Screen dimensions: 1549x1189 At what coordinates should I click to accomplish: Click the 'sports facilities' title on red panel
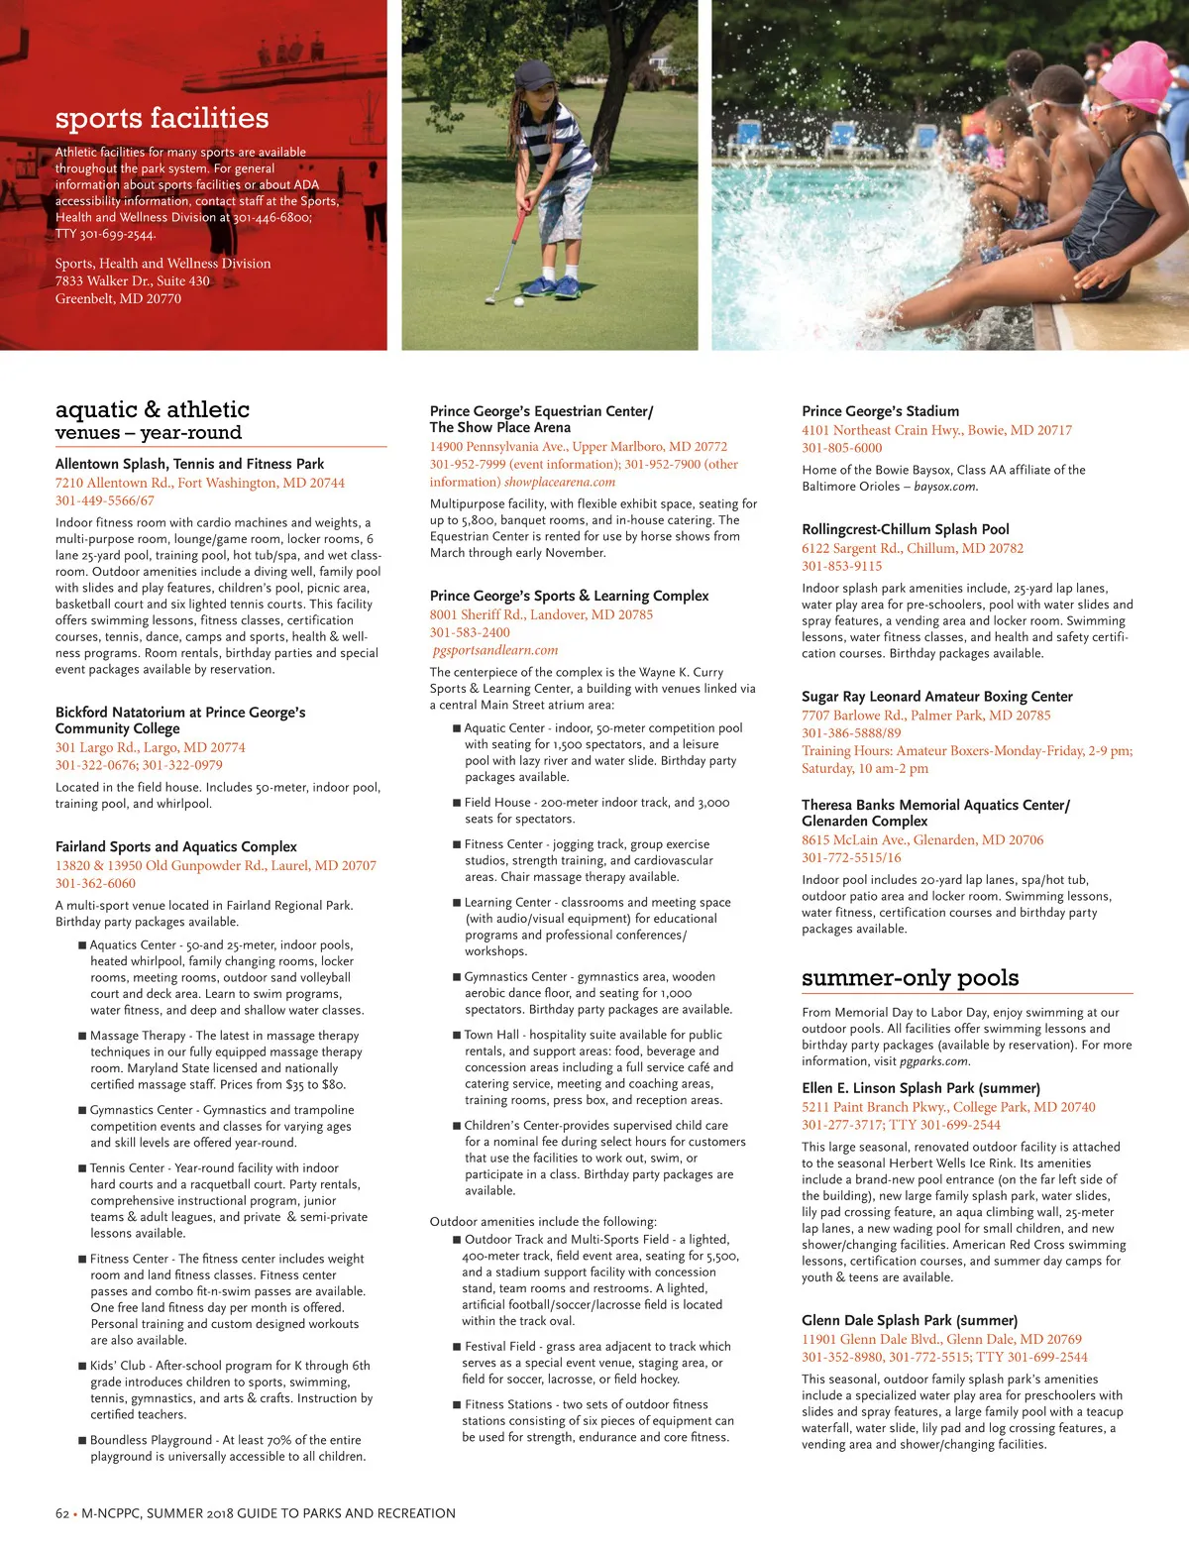[x=162, y=119]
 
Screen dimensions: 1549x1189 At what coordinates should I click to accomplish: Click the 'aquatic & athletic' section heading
[x=153, y=409]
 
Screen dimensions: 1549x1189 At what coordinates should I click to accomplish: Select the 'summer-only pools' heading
[x=910, y=978]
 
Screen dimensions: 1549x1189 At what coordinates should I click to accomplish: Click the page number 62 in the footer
[x=62, y=1513]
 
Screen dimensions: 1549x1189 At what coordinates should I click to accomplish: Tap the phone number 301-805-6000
[x=841, y=448]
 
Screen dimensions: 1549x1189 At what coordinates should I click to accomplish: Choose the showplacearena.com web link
[x=559, y=482]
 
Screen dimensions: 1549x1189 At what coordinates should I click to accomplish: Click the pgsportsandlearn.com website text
[x=495, y=650]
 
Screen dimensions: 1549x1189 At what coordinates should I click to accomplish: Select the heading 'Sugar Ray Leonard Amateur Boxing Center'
[x=936, y=697]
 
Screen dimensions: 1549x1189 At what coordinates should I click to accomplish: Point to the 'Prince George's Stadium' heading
[x=880, y=411]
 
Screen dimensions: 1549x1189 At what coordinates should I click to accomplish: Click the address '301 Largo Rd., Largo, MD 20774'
[x=150, y=747]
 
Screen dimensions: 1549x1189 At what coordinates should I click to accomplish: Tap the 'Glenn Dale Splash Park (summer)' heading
[x=910, y=1320]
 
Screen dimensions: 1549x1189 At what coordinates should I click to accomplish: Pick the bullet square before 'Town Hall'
[x=457, y=1035]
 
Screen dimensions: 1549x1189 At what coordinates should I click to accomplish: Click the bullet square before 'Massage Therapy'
[x=82, y=1036]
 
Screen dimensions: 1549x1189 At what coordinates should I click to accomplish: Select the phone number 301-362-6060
[x=95, y=883]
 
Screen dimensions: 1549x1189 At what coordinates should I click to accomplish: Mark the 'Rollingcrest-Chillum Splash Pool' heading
[x=905, y=529]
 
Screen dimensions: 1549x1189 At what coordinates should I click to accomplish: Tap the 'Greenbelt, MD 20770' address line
[x=118, y=298]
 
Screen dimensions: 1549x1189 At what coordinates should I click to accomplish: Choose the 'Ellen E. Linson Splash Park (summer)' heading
[x=920, y=1088]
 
